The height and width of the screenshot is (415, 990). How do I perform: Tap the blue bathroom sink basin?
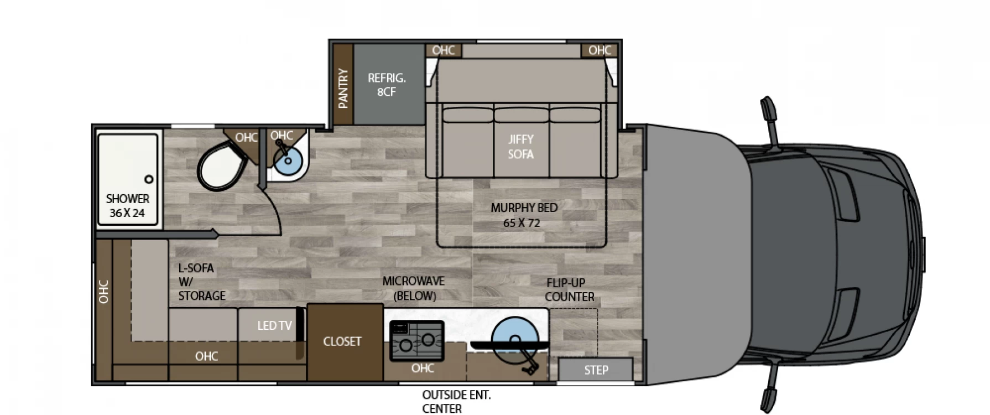pyautogui.click(x=288, y=160)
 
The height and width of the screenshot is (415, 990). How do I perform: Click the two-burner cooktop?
pyautogui.click(x=416, y=341)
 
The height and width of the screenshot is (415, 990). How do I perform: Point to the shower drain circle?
pyautogui.click(x=149, y=179)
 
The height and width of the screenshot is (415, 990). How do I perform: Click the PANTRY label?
pyautogui.click(x=343, y=89)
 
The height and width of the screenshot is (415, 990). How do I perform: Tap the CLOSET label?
pyautogui.click(x=342, y=341)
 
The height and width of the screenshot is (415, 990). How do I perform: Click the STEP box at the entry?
pyautogui.click(x=596, y=370)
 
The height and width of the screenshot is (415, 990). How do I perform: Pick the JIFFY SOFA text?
pyautogui.click(x=521, y=147)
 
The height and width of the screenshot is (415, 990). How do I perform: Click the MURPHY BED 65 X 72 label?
pyautogui.click(x=524, y=215)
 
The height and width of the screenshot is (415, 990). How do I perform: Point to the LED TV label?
pyautogui.click(x=274, y=325)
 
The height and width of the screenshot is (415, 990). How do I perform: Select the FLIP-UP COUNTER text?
pyautogui.click(x=570, y=289)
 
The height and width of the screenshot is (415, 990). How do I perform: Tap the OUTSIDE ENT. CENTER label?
pyautogui.click(x=456, y=402)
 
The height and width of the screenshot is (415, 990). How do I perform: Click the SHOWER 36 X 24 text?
pyautogui.click(x=128, y=205)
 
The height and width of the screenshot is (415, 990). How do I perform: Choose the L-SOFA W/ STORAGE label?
pyautogui.click(x=201, y=282)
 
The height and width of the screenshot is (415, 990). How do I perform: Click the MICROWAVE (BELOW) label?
pyautogui.click(x=414, y=288)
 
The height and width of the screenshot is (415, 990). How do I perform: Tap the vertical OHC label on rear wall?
pyautogui.click(x=103, y=292)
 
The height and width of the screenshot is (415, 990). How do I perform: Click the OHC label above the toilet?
pyautogui.click(x=246, y=137)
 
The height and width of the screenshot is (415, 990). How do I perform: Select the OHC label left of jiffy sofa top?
pyautogui.click(x=443, y=50)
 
